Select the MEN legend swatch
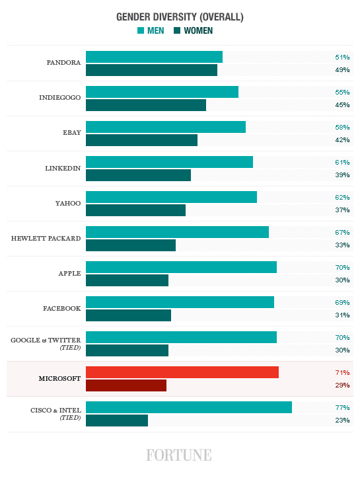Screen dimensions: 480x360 [x=141, y=30]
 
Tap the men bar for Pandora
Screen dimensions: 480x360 [x=154, y=57]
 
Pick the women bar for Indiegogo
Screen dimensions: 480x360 [x=146, y=105]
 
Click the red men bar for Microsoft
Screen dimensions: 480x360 [x=182, y=372]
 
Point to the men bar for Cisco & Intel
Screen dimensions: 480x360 [x=189, y=407]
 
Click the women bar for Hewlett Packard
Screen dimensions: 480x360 [x=131, y=245]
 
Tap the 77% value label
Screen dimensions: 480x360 [x=342, y=407]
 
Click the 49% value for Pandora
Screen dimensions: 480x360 [x=342, y=70]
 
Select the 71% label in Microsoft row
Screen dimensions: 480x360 [x=342, y=372]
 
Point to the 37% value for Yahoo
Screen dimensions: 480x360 [x=342, y=210]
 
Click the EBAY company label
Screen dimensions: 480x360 [x=71, y=133]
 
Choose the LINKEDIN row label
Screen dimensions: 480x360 [x=63, y=168]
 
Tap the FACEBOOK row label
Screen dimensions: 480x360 [x=62, y=309]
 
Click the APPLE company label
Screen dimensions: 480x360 [x=69, y=273]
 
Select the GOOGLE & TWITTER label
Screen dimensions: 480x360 [x=46, y=340]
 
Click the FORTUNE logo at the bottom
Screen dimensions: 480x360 [x=179, y=455]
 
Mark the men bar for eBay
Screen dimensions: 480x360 [x=166, y=127]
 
